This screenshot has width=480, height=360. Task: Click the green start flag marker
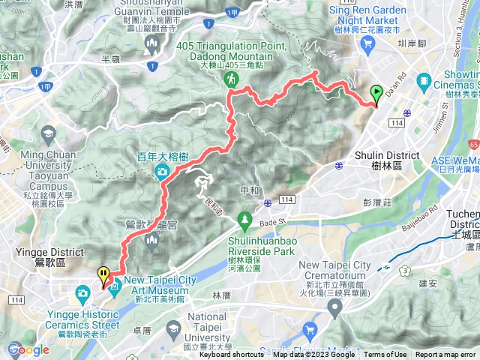click(376, 94)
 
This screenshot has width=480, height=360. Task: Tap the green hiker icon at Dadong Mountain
click(233, 78)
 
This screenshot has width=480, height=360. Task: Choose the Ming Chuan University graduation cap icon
click(49, 133)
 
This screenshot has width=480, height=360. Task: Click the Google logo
click(28, 349)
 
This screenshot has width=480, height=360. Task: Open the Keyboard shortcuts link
click(231, 355)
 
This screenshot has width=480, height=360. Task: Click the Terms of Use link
click(385, 355)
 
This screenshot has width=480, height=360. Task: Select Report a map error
click(445, 355)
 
